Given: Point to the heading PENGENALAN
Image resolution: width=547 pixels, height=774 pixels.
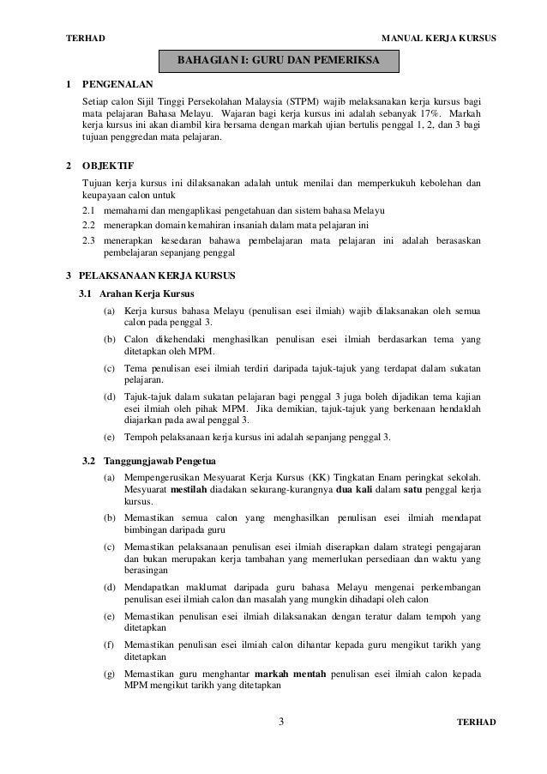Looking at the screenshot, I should (x=117, y=86).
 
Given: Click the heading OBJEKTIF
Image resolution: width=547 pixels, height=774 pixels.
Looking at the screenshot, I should (x=106, y=165).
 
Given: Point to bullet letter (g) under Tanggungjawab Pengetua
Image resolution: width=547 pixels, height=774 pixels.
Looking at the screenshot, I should (x=110, y=675).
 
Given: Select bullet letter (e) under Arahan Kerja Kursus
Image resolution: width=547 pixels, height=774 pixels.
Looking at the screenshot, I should (x=110, y=438).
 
